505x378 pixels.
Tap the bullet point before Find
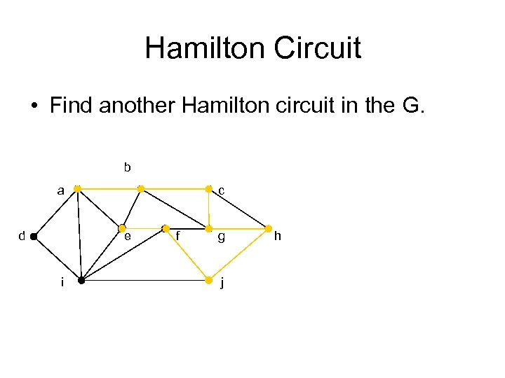click(x=33, y=107)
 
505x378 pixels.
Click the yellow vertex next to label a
click(x=77, y=189)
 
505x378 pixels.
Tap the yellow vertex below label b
click(x=141, y=189)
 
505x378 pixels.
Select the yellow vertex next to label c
click(x=208, y=189)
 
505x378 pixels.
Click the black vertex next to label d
click(x=34, y=237)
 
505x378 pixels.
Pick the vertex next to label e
click(x=121, y=228)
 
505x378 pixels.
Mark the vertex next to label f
click(x=165, y=228)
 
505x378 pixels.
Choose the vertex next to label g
click(x=208, y=228)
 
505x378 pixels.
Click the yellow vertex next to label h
click(x=269, y=228)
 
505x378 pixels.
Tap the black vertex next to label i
click(x=81, y=281)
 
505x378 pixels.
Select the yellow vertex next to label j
click(x=208, y=281)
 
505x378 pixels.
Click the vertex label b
click(x=127, y=167)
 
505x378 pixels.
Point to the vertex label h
click(x=277, y=237)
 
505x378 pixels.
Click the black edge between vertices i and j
click(x=144, y=281)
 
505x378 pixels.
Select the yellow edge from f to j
click(x=187, y=255)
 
